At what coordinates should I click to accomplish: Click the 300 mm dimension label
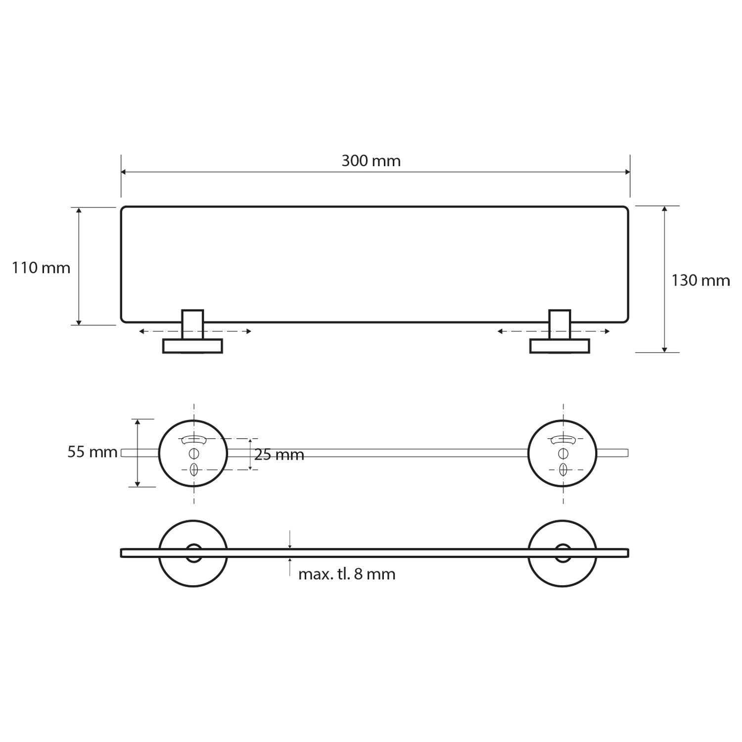pos(371,161)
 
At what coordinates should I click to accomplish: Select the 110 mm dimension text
pos(41,268)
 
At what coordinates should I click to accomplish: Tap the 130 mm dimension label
pos(700,281)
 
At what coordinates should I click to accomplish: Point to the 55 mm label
pos(93,452)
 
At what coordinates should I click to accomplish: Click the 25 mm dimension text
pos(279,455)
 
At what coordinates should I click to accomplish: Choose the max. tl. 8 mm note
pos(347,574)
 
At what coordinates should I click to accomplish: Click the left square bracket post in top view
pos(192,325)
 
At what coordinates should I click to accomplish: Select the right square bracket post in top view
pos(559,325)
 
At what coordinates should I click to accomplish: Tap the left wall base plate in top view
pos(192,346)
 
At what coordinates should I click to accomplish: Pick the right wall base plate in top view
pos(559,346)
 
